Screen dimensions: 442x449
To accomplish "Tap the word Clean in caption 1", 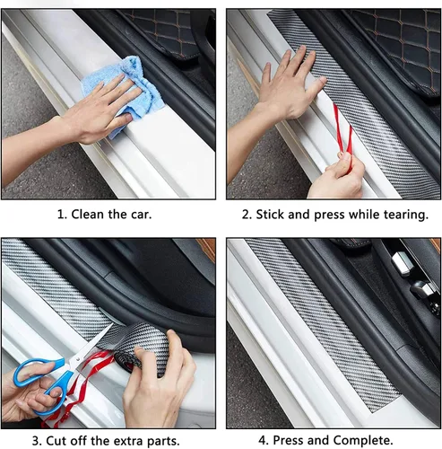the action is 87,215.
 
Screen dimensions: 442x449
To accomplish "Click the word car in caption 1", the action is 141,215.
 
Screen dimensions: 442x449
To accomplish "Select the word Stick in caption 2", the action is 270,215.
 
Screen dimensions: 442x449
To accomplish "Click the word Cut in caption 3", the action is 56,441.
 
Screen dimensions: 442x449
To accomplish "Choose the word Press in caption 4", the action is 289,440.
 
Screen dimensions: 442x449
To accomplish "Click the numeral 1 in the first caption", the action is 60,215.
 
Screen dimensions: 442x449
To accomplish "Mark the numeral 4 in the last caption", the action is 263,441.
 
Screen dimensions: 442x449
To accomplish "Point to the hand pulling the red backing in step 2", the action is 338,177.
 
